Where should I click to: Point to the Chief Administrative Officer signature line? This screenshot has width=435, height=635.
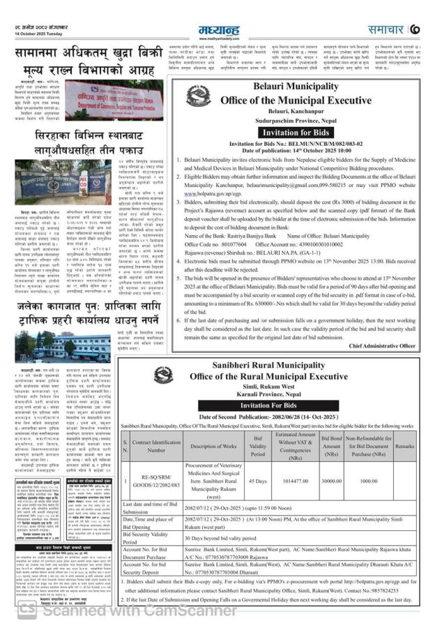coord(382,345)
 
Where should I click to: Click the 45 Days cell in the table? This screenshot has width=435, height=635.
coord(258,461)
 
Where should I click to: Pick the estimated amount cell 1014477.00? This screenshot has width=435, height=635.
coord(296,461)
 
